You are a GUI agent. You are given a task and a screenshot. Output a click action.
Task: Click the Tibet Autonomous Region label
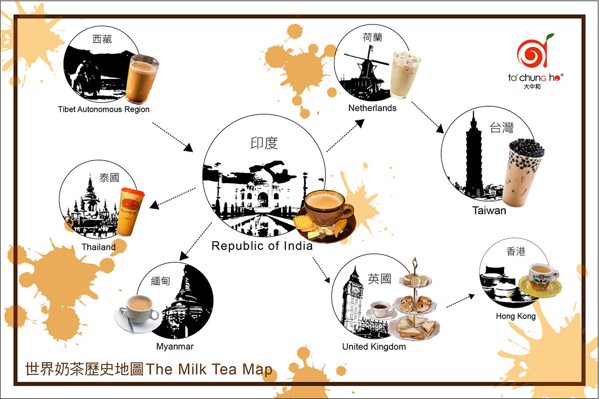pos(104,109)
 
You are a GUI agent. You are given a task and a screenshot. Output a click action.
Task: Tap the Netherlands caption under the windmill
pos(372,108)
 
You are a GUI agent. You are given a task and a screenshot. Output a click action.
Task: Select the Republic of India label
pos(262,246)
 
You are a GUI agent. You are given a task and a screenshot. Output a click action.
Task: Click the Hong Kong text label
pos(516,316)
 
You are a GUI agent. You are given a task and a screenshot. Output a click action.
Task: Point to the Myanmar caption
pos(175,346)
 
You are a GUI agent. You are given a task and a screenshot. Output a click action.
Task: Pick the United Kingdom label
pos(374,347)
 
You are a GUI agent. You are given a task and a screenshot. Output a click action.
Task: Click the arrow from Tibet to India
pos(173,137)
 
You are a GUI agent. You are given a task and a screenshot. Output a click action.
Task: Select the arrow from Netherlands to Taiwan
pos(427,117)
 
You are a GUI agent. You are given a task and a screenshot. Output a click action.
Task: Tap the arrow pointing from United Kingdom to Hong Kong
pos(460,301)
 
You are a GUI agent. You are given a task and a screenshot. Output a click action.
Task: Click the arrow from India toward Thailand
pos(172,199)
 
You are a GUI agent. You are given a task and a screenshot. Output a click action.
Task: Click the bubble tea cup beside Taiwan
pos(522,173)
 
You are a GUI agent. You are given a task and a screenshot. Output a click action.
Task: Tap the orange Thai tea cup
pos(131,211)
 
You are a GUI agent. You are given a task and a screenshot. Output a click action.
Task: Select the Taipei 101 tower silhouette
pos(474,156)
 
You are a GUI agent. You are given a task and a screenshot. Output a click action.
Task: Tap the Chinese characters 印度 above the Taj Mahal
pos(264,143)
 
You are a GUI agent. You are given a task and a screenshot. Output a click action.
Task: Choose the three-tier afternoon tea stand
pos(414,299)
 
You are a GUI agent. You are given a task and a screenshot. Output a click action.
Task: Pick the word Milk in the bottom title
pos(192,370)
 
